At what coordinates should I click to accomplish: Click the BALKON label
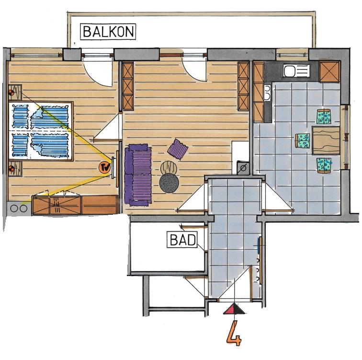coord(108,32)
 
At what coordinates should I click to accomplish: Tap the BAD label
coord(182,240)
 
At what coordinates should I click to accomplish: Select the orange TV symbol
coord(105,167)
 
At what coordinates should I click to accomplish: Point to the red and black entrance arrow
coord(234,309)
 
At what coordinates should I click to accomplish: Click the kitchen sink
coord(296,70)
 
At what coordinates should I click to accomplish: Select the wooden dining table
coord(326,140)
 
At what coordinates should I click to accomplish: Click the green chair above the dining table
coord(324,116)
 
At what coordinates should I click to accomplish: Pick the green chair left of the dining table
coord(302,140)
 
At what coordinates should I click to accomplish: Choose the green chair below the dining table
coord(324,165)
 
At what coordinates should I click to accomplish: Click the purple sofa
coord(138,175)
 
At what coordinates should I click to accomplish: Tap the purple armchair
coord(177,149)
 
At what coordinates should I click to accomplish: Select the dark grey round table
coord(169,183)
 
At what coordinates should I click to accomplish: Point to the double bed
coord(41,131)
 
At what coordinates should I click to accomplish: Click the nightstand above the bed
coord(15,93)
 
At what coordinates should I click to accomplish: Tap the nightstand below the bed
coord(15,169)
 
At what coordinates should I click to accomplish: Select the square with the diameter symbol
coord(243,167)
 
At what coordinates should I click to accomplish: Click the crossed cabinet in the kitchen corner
coord(329,72)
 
